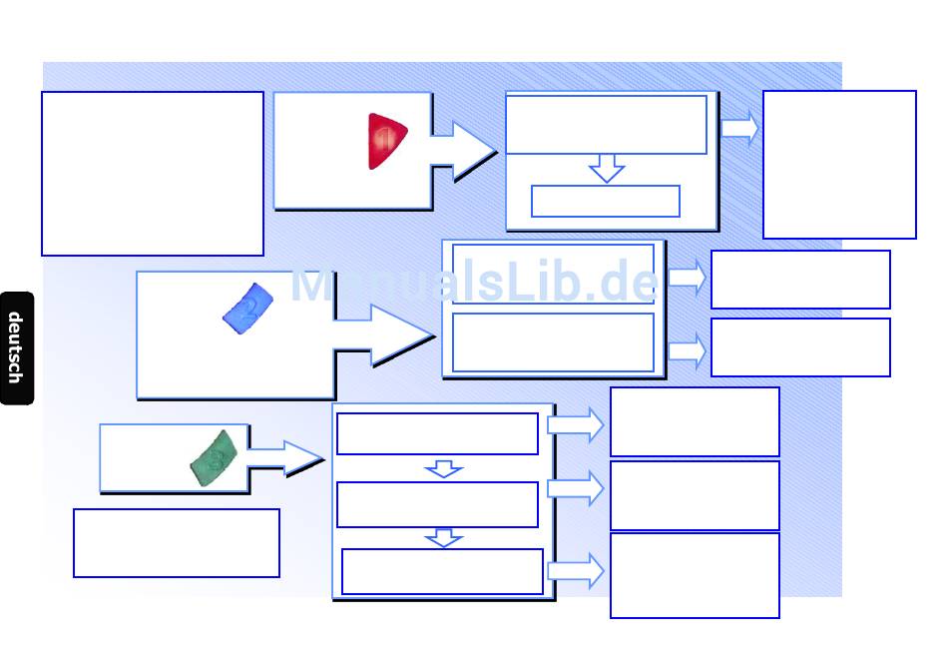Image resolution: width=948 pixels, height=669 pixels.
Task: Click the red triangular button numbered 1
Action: point(386,141)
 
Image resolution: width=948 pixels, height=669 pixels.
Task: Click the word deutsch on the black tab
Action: point(16,347)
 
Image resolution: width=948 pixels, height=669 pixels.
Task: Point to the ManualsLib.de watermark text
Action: point(474,284)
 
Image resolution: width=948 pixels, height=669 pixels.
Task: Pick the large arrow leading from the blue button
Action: point(394,335)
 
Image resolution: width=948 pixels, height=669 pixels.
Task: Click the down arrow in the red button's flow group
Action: point(606,168)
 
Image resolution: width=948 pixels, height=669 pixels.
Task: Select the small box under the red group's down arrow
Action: point(606,201)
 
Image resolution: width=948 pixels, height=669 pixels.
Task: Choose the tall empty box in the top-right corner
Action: point(839,165)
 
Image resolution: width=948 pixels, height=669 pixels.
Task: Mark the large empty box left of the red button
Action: point(153,174)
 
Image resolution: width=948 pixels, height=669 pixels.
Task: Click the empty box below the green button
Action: point(177,543)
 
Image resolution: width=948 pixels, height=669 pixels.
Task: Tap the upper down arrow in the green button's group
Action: point(443,468)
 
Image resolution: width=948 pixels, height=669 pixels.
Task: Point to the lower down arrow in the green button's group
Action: point(443,538)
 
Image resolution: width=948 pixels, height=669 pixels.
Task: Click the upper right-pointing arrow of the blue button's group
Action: point(687,277)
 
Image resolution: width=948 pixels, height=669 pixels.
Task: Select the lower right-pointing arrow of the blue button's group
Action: point(687,350)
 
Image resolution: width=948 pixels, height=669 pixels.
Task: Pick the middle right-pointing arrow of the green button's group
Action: point(576,488)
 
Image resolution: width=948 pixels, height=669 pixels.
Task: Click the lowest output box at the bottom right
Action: point(695,575)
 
